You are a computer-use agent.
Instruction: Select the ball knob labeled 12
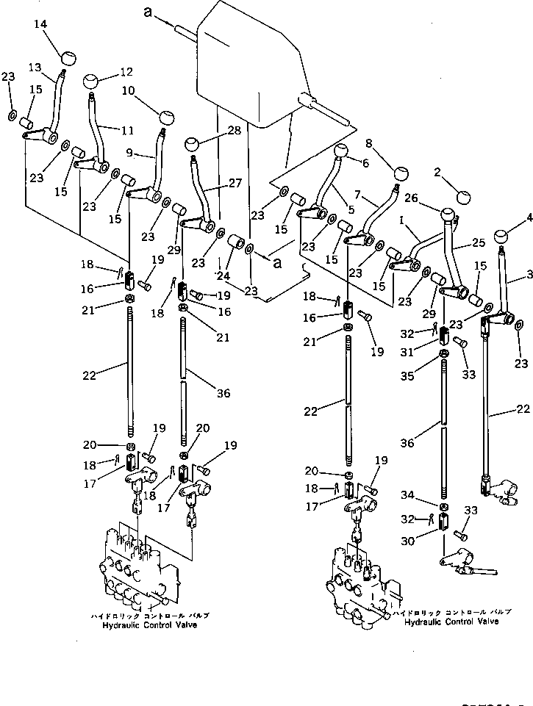pos(92,82)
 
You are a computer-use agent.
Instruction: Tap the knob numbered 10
pos(166,117)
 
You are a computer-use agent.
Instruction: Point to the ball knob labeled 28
pos(192,143)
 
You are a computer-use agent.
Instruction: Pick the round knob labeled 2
pos(463,197)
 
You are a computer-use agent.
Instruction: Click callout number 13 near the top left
pos(35,67)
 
